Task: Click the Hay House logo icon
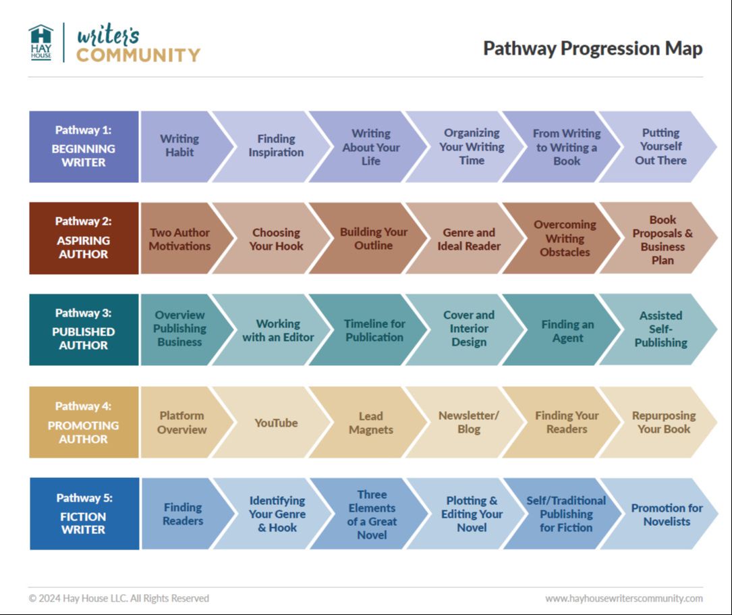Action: (x=41, y=42)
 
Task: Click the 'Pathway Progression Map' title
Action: (x=592, y=49)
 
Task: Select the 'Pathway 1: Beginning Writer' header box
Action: (x=84, y=147)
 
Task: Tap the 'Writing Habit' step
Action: (x=179, y=146)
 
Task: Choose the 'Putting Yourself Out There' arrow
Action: (x=660, y=146)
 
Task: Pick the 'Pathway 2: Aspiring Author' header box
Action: (x=84, y=238)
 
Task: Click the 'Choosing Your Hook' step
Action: (x=276, y=239)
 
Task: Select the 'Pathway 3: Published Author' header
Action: (x=84, y=329)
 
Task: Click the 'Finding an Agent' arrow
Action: (x=567, y=331)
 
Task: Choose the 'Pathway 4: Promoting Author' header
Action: (x=84, y=423)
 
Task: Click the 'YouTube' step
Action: (x=276, y=423)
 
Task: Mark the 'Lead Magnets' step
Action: (x=371, y=423)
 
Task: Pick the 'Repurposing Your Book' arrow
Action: (x=663, y=423)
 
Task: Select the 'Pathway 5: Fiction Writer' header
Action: (x=84, y=514)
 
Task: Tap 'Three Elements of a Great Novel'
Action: (x=372, y=514)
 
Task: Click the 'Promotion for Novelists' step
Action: (x=666, y=514)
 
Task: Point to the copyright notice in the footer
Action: (x=119, y=598)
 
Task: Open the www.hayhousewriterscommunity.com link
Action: (x=623, y=598)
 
